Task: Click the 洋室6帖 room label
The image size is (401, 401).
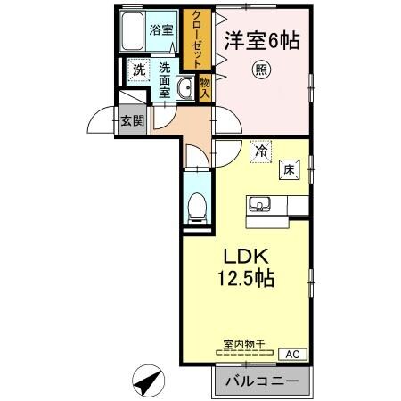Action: [x=261, y=39]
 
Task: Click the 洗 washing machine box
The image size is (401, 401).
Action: [x=138, y=69]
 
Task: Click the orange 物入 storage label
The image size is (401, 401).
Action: [x=204, y=86]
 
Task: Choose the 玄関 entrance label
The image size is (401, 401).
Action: [x=133, y=121]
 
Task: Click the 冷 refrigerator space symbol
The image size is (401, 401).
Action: [x=261, y=151]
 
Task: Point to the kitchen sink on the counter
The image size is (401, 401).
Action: [x=259, y=204]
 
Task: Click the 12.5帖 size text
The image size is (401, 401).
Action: [x=244, y=279]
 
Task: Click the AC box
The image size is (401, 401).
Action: [x=291, y=354]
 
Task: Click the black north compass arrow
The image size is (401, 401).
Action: [x=146, y=383]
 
